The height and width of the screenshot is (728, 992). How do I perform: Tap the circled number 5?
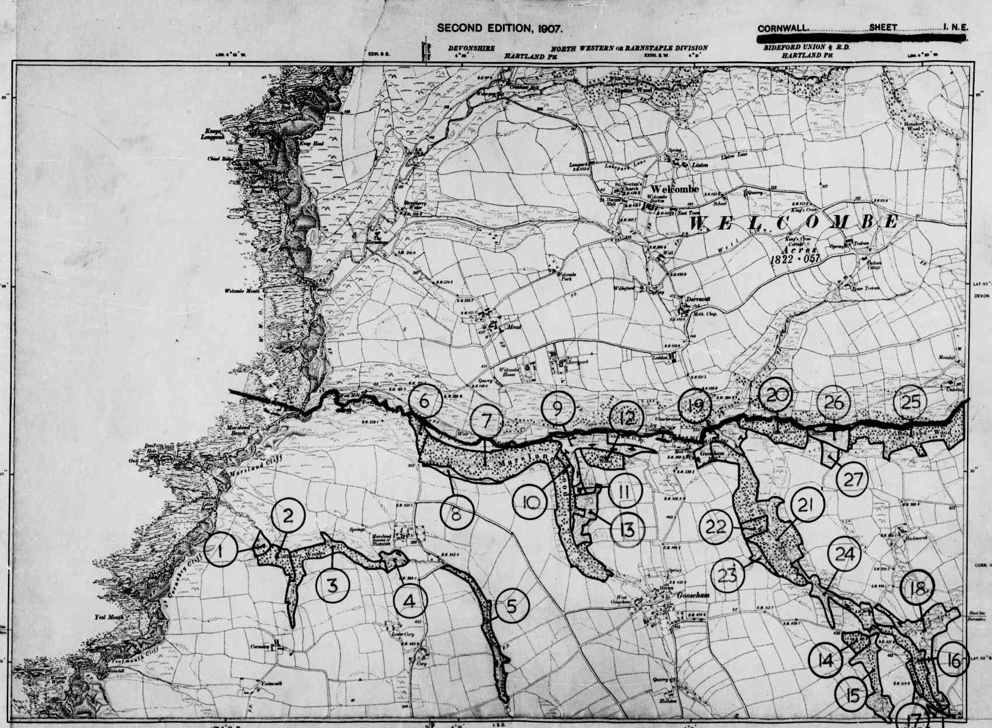point(512,606)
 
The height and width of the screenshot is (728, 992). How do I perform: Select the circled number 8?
point(457,513)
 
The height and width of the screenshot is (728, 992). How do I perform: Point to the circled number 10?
point(531,502)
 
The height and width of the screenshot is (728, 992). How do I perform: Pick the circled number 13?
point(626,529)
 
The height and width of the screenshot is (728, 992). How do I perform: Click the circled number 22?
point(716,527)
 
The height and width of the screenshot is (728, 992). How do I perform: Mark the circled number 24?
point(844,555)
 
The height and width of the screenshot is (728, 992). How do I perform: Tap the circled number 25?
point(910,402)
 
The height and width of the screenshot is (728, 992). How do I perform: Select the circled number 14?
point(825,660)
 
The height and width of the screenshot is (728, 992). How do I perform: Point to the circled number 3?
point(332,585)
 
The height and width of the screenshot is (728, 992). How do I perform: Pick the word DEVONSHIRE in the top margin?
point(471,48)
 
